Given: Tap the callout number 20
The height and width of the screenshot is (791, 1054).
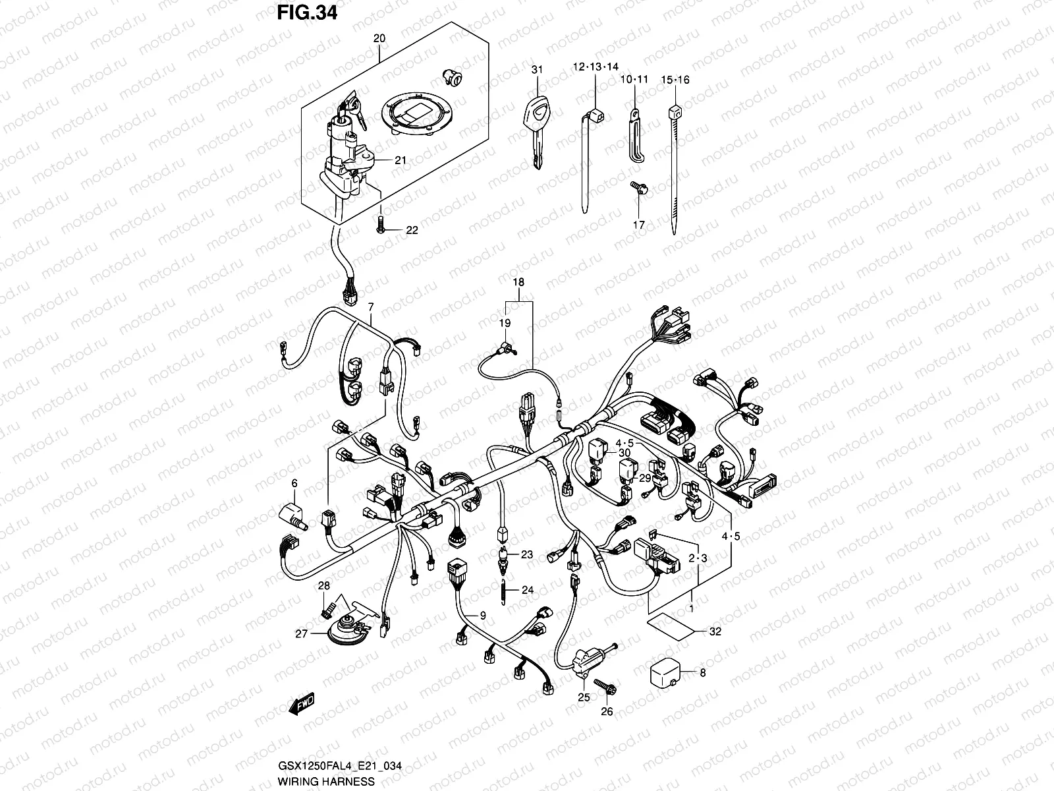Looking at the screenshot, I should click(379, 39).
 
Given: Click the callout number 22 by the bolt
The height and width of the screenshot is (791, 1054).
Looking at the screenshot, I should click(412, 230).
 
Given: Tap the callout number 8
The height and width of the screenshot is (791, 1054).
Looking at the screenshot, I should click(702, 673).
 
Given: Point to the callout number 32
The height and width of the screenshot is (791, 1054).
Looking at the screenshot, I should click(715, 631).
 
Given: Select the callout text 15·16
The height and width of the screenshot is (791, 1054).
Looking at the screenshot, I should click(675, 80).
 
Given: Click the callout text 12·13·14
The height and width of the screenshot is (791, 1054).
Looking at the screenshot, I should click(596, 67).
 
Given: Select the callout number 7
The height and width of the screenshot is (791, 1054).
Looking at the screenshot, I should click(371, 307).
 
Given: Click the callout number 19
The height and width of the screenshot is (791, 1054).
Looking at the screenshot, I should click(505, 323).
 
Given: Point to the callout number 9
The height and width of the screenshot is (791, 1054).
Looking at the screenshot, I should click(482, 616).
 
